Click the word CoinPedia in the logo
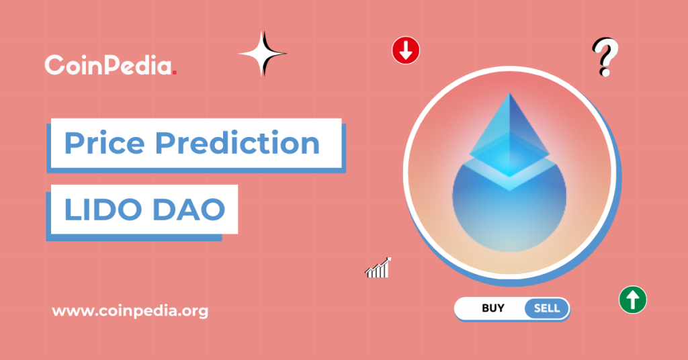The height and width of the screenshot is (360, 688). [107, 65]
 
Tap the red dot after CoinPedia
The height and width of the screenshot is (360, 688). [175, 71]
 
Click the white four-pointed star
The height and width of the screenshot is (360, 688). [262, 53]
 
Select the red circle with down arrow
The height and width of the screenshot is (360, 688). [406, 50]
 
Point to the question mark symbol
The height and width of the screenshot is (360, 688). [605, 57]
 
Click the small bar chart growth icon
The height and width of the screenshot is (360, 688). [378, 268]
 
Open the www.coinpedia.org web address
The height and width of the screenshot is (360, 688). [130, 311]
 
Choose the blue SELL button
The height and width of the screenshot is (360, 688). [546, 308]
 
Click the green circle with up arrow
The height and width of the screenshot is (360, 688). [632, 299]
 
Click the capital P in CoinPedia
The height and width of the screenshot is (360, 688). [116, 65]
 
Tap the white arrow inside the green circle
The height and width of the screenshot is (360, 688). [632, 299]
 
